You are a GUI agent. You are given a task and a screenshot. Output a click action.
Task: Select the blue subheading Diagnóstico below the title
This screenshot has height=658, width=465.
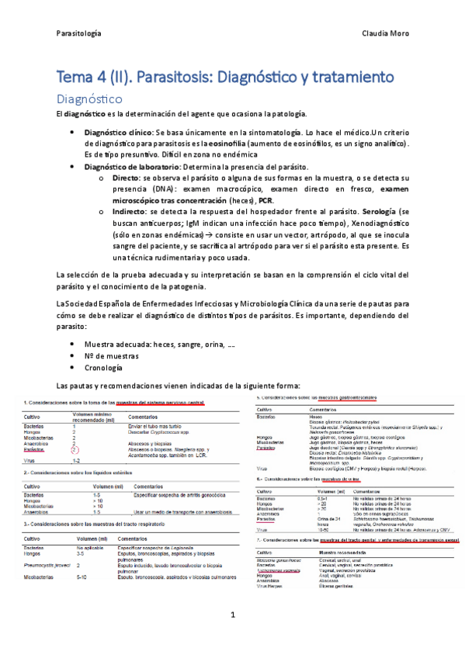[90, 99]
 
